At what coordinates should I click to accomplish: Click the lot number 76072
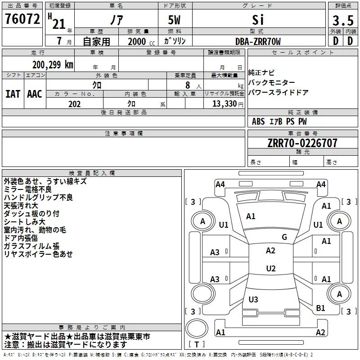coord(22,19)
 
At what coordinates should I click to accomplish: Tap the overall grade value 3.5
coord(343,20)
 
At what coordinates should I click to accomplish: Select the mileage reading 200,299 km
coord(53,65)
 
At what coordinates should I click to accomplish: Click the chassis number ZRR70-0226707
coord(302,143)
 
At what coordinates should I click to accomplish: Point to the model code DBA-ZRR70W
coord(258,41)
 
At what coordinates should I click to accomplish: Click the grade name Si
coord(258,20)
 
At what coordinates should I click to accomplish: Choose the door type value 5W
coord(174,20)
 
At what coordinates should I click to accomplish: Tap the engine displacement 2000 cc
coord(141,41)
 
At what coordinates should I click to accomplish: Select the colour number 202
coord(74,104)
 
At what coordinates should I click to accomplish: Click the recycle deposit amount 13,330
coord(225,104)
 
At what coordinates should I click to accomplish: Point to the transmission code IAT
coord(13,94)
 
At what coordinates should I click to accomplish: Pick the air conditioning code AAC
coord(35,94)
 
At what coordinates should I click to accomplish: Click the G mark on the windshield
coord(284,237)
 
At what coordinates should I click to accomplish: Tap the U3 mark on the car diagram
coord(253,299)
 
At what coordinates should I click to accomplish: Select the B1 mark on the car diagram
coord(320,308)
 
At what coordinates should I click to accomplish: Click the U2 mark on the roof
coord(271,268)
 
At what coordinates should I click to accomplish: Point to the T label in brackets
coord(197,344)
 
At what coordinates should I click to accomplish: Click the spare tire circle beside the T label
coord(197,328)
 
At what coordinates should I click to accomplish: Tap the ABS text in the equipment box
coord(258,121)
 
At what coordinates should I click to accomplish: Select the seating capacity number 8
coord(188,85)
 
